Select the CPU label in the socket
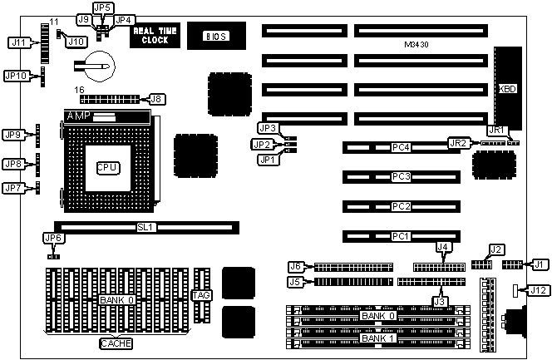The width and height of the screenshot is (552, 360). (x=107, y=167)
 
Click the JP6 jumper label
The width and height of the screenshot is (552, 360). (x=52, y=239)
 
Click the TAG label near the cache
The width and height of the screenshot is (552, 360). (x=201, y=295)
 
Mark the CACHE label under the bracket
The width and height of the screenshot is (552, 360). (x=116, y=343)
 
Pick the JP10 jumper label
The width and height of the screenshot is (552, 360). (x=17, y=75)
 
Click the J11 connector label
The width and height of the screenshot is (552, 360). (x=17, y=41)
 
